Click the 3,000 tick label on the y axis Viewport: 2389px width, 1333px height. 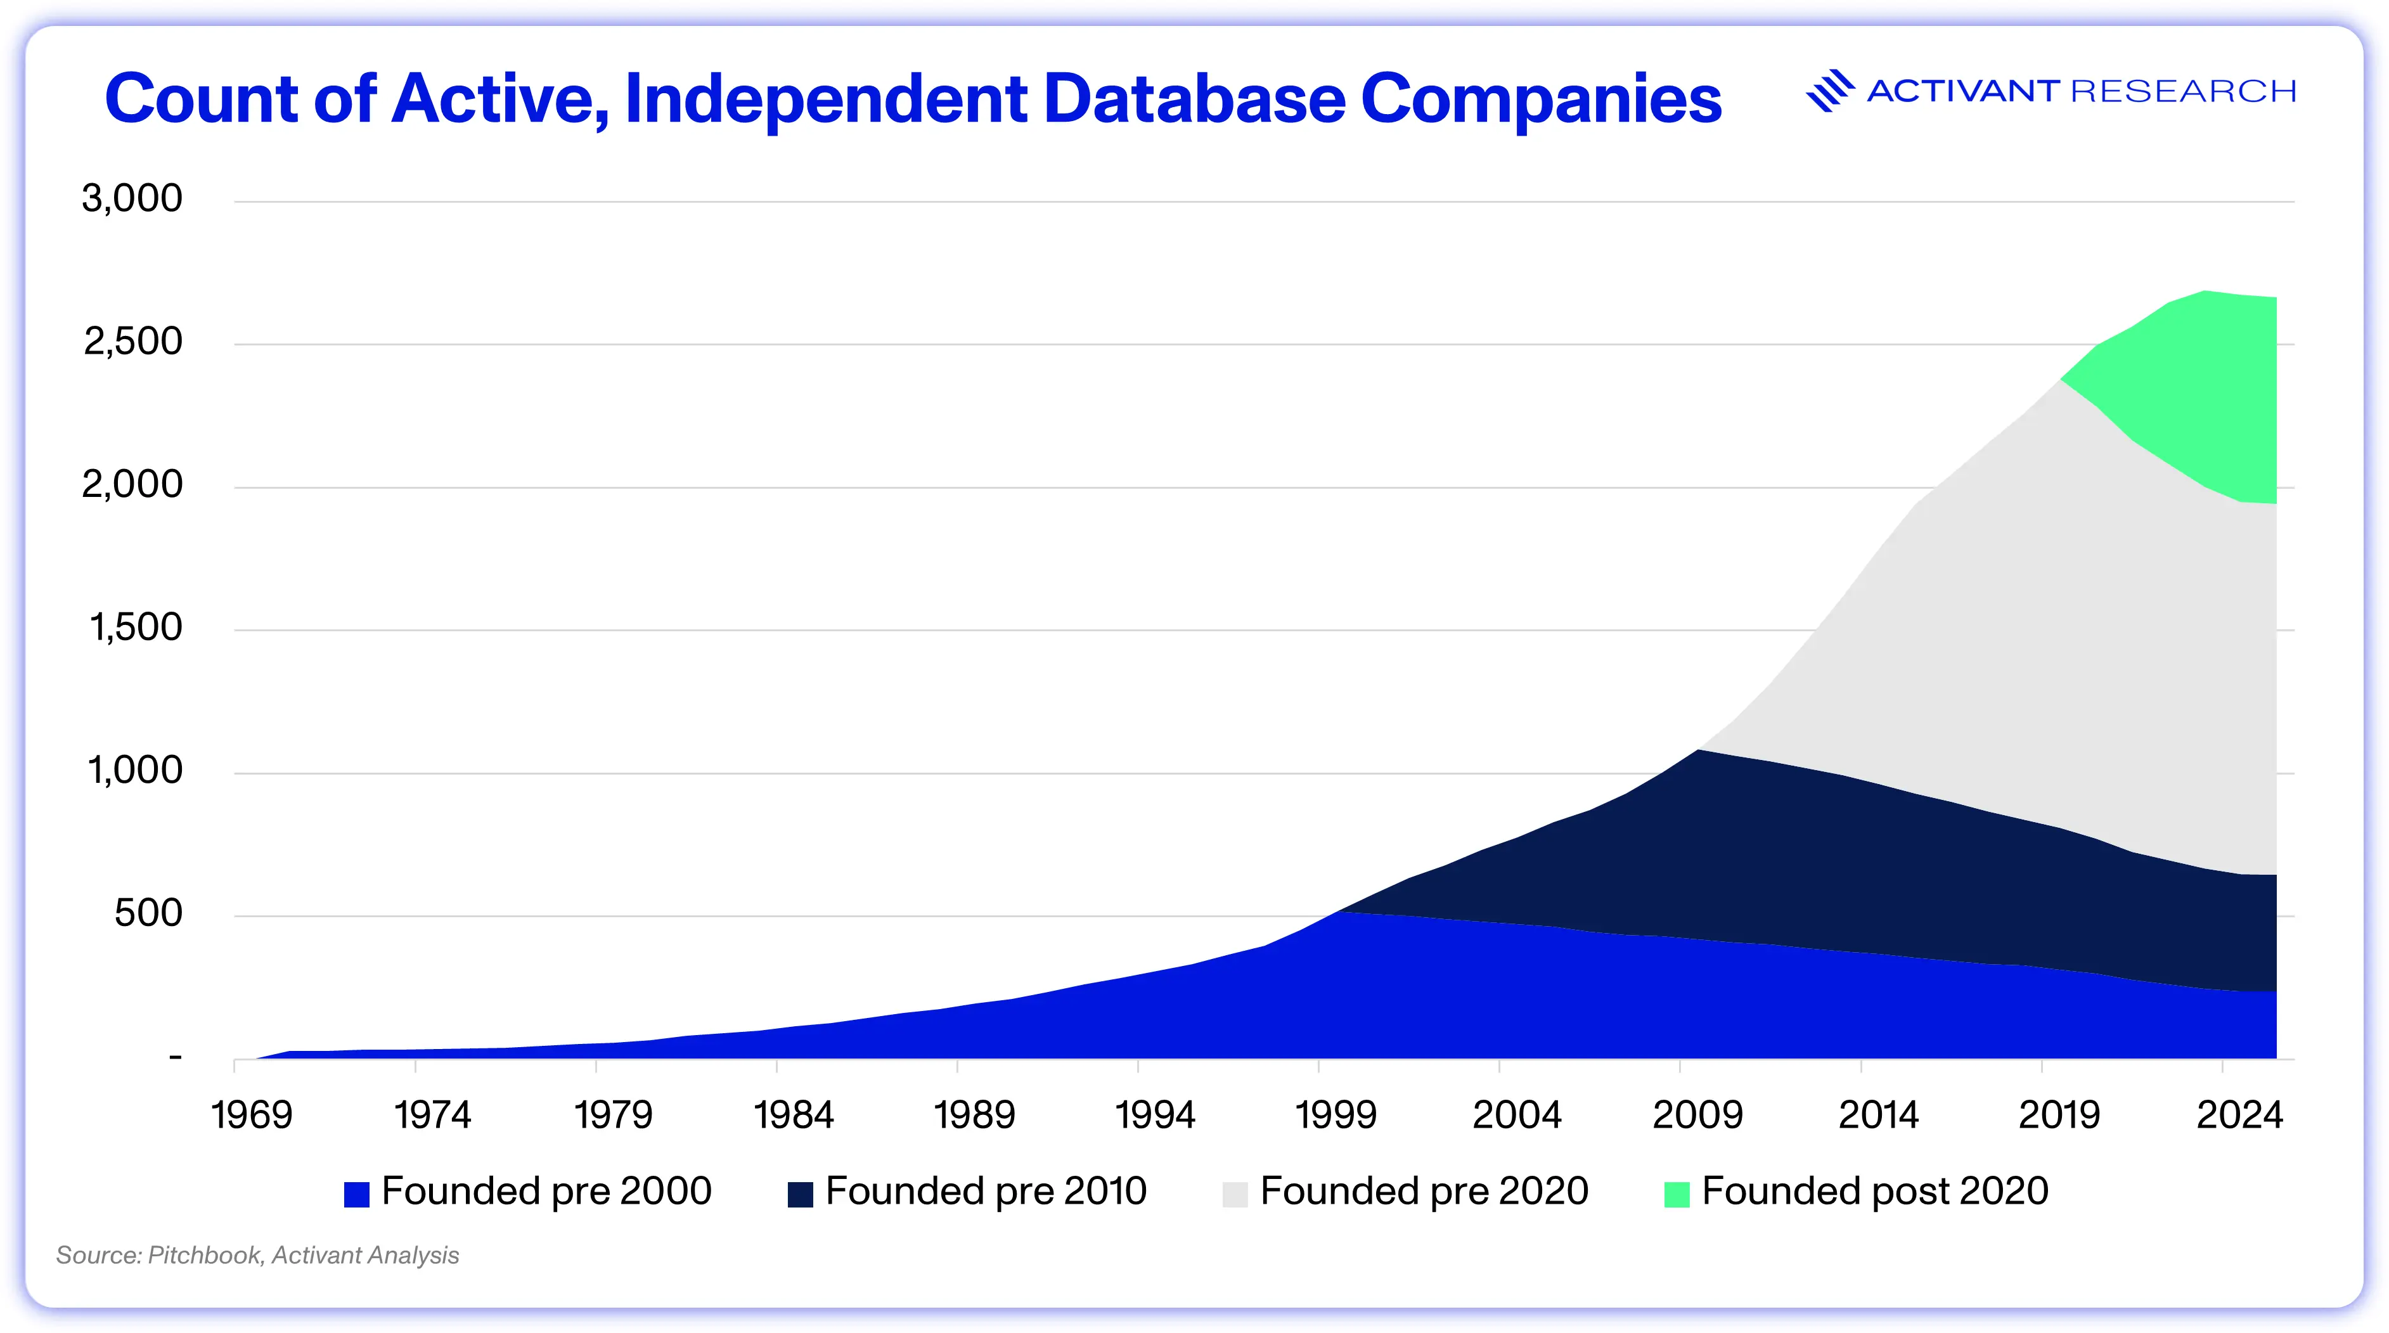pos(132,198)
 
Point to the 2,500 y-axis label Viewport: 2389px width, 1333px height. pos(132,342)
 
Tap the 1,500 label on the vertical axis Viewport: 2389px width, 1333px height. pos(136,628)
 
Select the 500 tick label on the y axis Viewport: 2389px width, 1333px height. pos(148,914)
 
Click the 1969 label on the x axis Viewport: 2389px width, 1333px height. pos(252,1115)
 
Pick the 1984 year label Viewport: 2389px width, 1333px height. pos(794,1115)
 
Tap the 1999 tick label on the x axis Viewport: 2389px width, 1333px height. pos(1336,1115)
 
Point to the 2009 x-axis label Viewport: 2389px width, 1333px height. pos(1698,1115)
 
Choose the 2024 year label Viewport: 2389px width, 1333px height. pos(2239,1115)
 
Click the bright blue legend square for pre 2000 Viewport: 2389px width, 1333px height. pos(357,1194)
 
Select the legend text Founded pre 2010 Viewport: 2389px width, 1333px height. pos(986,1191)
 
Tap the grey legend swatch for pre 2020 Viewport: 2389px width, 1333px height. pos(1235,1194)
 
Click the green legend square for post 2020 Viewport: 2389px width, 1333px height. pos(1677,1194)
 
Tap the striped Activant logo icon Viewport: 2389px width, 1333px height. pos(1830,91)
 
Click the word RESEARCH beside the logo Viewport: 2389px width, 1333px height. pos(2183,91)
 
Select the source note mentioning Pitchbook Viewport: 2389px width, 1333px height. pos(258,1255)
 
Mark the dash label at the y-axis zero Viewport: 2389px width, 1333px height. pos(176,1057)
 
